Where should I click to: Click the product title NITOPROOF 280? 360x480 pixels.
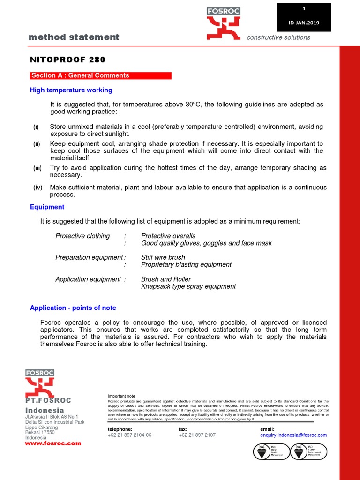pyautogui.click(x=67, y=60)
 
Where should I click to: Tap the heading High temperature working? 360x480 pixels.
pyautogui.click(x=71, y=90)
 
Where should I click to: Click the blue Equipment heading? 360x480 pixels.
pyautogui.click(x=47, y=207)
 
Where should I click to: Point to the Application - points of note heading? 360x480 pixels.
pyautogui.click(x=73, y=308)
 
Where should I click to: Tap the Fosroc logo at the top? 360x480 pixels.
pyautogui.click(x=224, y=23)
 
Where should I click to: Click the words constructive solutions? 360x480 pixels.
pyautogui.click(x=278, y=37)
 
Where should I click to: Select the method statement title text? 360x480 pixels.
pyautogui.click(x=74, y=37)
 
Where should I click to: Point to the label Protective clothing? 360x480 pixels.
pyautogui.click(x=82, y=236)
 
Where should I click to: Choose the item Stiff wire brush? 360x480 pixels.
pyautogui.click(x=163, y=257)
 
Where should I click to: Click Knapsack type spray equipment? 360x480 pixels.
pyautogui.click(x=188, y=286)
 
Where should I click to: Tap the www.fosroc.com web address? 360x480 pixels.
pyautogui.click(x=53, y=443)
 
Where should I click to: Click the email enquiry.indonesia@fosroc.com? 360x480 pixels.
pyautogui.click(x=293, y=435)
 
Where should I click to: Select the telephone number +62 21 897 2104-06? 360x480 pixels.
pyautogui.click(x=129, y=435)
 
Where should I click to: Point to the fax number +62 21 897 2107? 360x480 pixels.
pyautogui.click(x=197, y=435)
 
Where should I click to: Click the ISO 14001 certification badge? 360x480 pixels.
pyautogui.click(x=309, y=452)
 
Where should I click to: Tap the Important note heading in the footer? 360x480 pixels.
pyautogui.click(x=121, y=396)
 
